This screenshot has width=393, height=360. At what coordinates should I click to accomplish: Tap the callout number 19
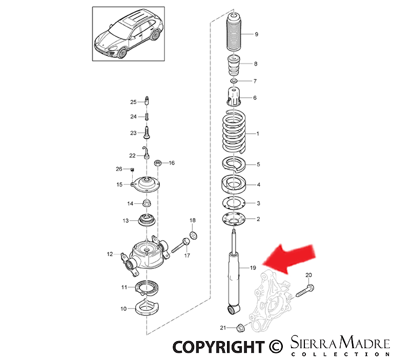(x=253, y=268)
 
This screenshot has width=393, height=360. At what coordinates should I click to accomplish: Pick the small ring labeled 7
(x=234, y=81)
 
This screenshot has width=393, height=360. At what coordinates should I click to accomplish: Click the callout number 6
(x=255, y=98)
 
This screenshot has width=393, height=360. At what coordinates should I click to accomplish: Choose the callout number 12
(x=109, y=254)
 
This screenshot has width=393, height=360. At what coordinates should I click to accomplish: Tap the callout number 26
(x=119, y=169)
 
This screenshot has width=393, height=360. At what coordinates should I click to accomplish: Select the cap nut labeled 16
(x=158, y=163)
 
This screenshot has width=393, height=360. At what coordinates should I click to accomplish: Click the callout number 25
(x=133, y=102)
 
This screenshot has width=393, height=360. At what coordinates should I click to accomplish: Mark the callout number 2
(x=258, y=219)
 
